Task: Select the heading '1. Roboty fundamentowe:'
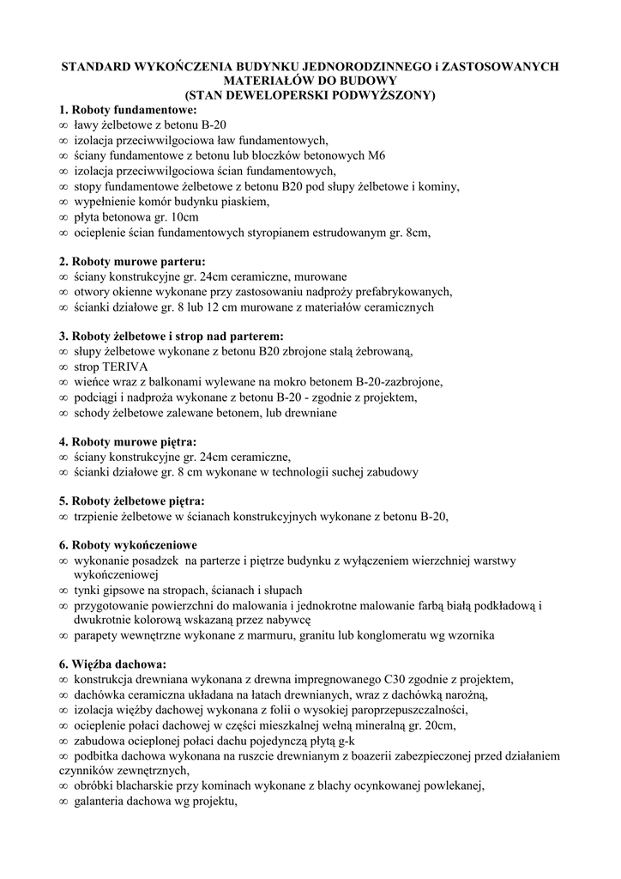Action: pyautogui.click(x=128, y=110)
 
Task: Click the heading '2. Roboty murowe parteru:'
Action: pyautogui.click(x=132, y=261)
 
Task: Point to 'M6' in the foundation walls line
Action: pyautogui.click(x=375, y=155)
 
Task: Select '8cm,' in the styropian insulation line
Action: pyautogui.click(x=417, y=232)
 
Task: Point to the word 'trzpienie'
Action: pyautogui.click(x=97, y=516)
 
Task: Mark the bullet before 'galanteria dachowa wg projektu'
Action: pyautogui.click(x=63, y=802)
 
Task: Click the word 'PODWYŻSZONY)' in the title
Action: pyautogui.click(x=386, y=95)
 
